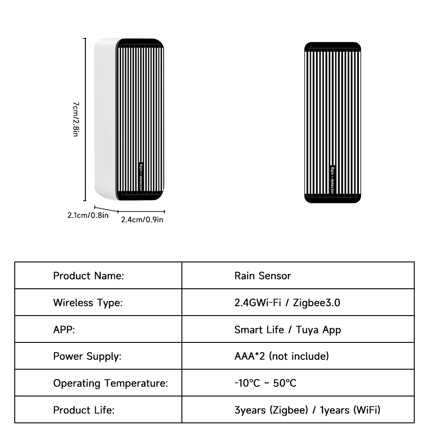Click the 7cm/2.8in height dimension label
(x=76, y=118)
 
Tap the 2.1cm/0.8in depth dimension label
(x=88, y=215)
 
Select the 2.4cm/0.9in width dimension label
(x=142, y=219)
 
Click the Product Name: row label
(x=88, y=276)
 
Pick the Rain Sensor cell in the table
(x=262, y=276)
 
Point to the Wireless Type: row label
(x=88, y=303)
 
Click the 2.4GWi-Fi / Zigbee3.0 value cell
(x=287, y=303)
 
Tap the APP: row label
(x=64, y=330)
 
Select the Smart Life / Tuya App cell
(x=287, y=330)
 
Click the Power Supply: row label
(x=87, y=356)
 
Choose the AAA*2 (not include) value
(x=282, y=356)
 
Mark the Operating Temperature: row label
(x=110, y=384)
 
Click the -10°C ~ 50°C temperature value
(x=265, y=384)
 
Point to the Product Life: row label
(x=84, y=410)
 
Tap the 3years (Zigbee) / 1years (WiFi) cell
(x=307, y=410)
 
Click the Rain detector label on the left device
(x=140, y=177)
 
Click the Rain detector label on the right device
(x=332, y=180)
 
